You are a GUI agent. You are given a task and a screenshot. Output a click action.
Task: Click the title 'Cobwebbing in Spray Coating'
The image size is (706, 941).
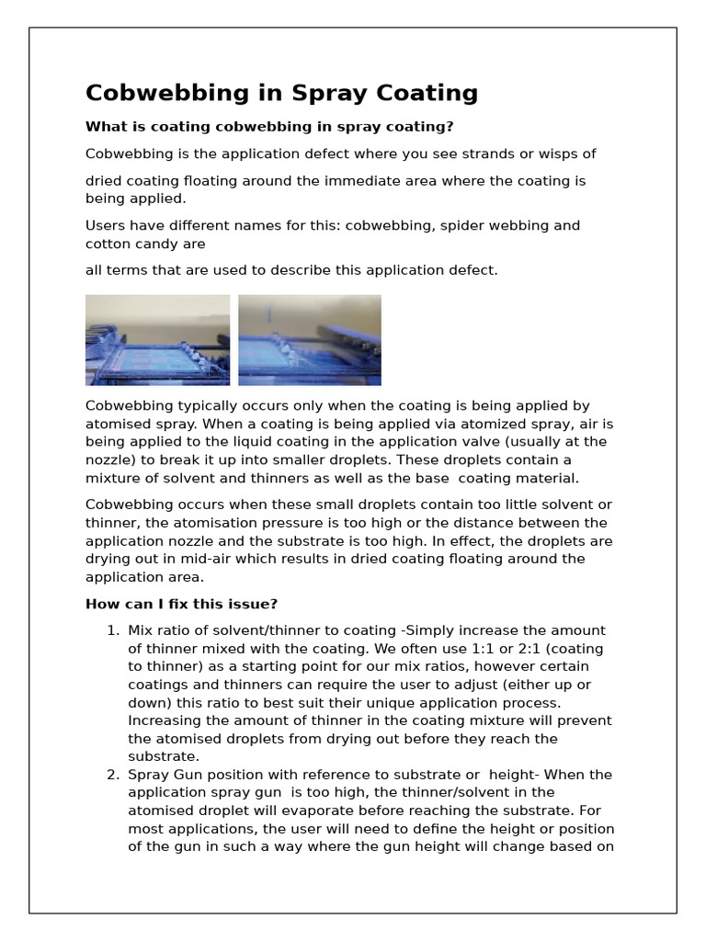[x=281, y=93]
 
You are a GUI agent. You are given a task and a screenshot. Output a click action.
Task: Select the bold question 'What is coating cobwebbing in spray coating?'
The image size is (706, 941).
[x=269, y=127]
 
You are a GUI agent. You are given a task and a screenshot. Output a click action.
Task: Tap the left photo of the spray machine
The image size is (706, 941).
[x=157, y=339]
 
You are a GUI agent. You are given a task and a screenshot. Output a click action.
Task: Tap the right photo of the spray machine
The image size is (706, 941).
[x=309, y=339]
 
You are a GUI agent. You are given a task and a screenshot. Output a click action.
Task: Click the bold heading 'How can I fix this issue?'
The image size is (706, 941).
[x=181, y=604]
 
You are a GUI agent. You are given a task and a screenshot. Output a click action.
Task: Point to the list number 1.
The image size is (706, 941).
[x=112, y=630]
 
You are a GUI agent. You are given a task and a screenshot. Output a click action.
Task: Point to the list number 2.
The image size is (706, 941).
[x=112, y=775]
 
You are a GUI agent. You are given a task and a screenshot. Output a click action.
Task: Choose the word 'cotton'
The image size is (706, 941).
[x=108, y=244]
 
